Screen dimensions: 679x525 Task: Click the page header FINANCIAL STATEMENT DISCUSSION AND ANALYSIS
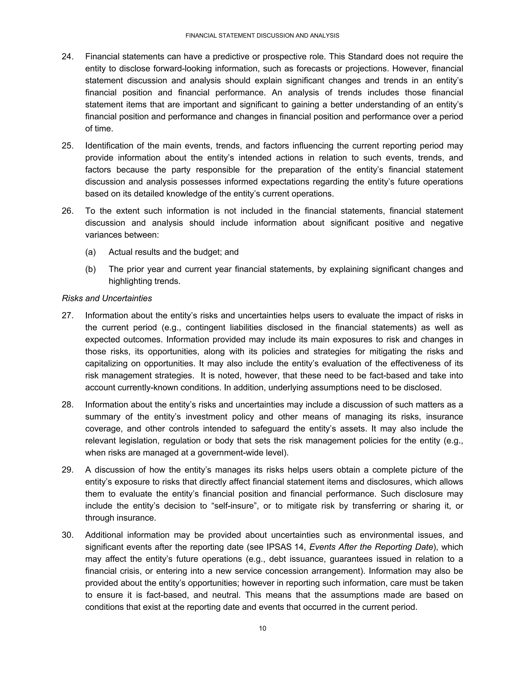pos(262,36)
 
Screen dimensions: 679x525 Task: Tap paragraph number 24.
pos(67,57)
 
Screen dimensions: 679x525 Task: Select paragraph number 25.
pos(67,146)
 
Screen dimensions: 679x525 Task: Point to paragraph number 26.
pos(67,211)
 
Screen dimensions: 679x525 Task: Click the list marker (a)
pos(90,252)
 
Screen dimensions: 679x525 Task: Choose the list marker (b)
pos(90,269)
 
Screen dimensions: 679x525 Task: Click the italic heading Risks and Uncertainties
pos(107,299)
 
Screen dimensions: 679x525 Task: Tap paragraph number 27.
pos(67,316)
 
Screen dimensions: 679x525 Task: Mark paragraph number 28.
pos(67,405)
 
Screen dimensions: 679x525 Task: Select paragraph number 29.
pos(67,470)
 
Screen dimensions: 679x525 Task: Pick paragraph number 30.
pos(67,535)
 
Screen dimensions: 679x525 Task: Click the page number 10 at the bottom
pos(262,629)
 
